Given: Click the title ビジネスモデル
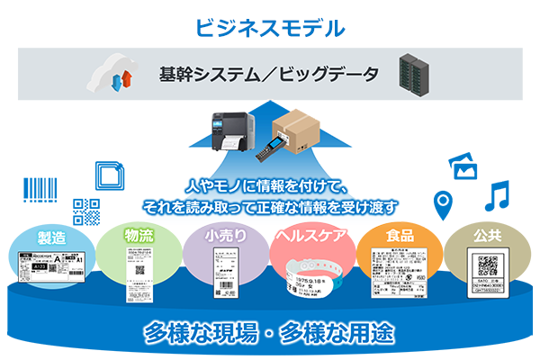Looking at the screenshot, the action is point(270,26).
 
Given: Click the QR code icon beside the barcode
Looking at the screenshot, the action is point(86,210).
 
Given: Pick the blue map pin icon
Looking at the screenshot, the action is point(442,205).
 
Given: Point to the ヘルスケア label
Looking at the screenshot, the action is point(310,238).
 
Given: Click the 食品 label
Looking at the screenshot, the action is point(400,238).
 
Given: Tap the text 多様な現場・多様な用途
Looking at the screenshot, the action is point(270,331).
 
